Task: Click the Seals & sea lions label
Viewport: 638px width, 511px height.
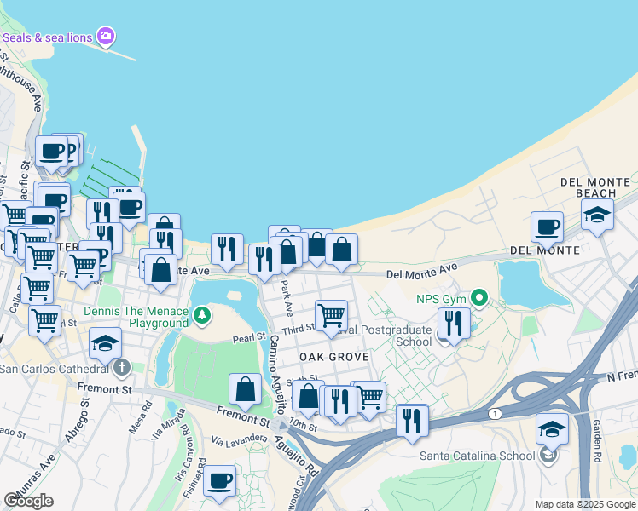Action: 48,37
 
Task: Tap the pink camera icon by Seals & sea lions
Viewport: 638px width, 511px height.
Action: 106,36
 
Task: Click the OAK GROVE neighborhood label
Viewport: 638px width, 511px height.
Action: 333,357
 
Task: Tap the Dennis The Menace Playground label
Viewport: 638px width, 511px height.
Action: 136,317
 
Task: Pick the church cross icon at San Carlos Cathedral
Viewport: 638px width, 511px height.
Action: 121,368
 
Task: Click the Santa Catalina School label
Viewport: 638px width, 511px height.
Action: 478,455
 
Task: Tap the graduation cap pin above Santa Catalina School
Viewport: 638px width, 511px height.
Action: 552,428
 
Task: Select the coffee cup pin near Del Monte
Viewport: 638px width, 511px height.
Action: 547,227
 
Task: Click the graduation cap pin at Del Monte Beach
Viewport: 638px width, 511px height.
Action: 598,214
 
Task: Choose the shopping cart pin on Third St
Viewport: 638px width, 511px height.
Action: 331,315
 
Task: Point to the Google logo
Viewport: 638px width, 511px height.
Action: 28,501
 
